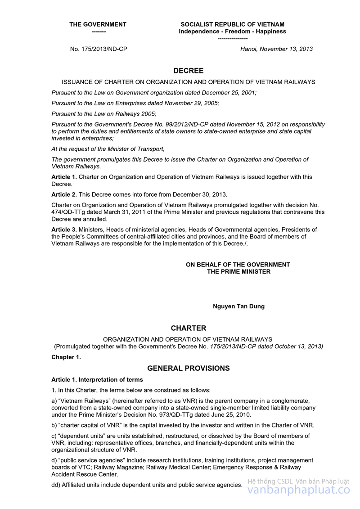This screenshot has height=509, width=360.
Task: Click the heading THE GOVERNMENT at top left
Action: (x=98, y=24)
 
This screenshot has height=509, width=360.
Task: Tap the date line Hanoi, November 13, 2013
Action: (x=276, y=49)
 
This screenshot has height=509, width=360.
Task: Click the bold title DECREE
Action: (x=189, y=71)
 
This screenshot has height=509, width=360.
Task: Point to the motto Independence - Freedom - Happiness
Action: (x=232, y=32)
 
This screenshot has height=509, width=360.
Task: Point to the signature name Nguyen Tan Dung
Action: (x=238, y=306)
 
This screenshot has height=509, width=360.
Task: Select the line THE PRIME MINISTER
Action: (x=238, y=271)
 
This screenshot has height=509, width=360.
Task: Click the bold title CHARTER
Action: (x=189, y=329)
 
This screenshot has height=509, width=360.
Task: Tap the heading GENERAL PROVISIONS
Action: (x=189, y=368)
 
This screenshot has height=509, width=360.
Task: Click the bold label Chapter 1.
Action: (x=66, y=357)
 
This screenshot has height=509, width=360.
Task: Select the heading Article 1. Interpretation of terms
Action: (x=97, y=380)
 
